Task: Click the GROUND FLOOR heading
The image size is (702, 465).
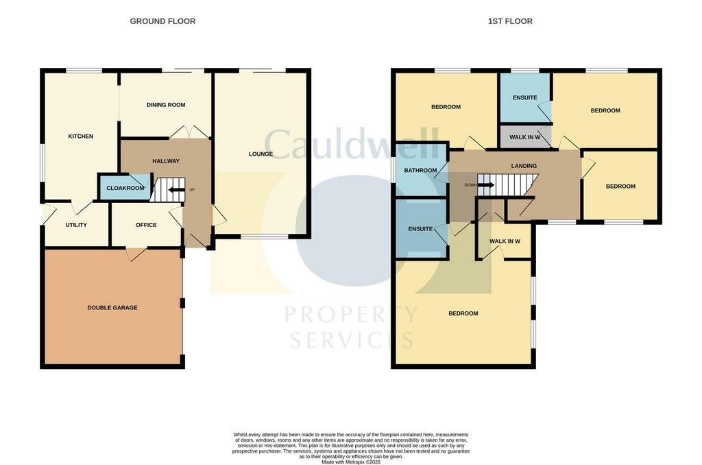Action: tap(162, 21)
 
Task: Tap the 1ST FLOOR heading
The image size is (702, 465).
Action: tap(510, 21)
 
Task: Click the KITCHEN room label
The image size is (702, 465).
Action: tap(81, 136)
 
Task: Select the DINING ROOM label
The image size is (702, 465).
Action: tap(166, 105)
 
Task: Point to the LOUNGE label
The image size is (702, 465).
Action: tap(261, 154)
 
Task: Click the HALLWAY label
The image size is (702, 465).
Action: tap(166, 160)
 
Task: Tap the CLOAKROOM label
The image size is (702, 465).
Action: tap(125, 188)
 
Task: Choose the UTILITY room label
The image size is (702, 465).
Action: tap(76, 225)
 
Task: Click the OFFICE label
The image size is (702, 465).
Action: tap(146, 225)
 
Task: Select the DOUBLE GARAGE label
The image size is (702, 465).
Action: tap(112, 308)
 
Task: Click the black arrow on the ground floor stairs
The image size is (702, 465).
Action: tap(176, 189)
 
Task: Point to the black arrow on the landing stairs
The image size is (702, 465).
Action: tap(486, 185)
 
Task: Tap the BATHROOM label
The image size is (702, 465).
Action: tap(420, 170)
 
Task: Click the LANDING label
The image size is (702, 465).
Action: tap(524, 166)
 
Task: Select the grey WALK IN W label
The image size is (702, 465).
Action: tap(524, 137)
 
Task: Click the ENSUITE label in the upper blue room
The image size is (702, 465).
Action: tap(524, 97)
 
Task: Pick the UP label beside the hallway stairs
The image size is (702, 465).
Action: tap(192, 190)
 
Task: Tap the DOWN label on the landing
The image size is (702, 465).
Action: tap(470, 185)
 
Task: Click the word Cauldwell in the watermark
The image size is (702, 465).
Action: tap(352, 143)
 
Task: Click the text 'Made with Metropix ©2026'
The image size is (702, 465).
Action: tap(351, 462)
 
